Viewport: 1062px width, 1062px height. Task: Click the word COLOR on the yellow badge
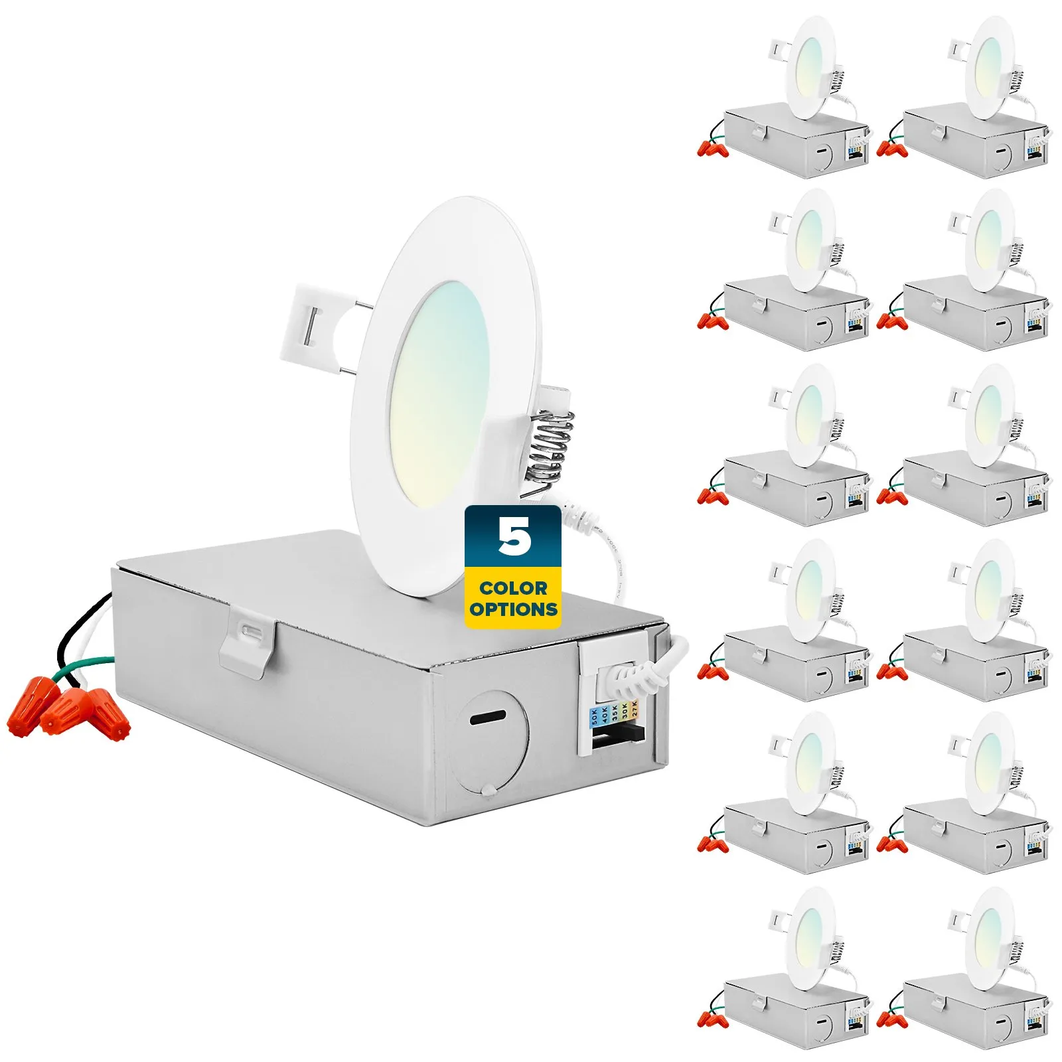pyautogui.click(x=513, y=588)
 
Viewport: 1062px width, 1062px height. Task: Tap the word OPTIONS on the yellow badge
pyautogui.click(x=513, y=609)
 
